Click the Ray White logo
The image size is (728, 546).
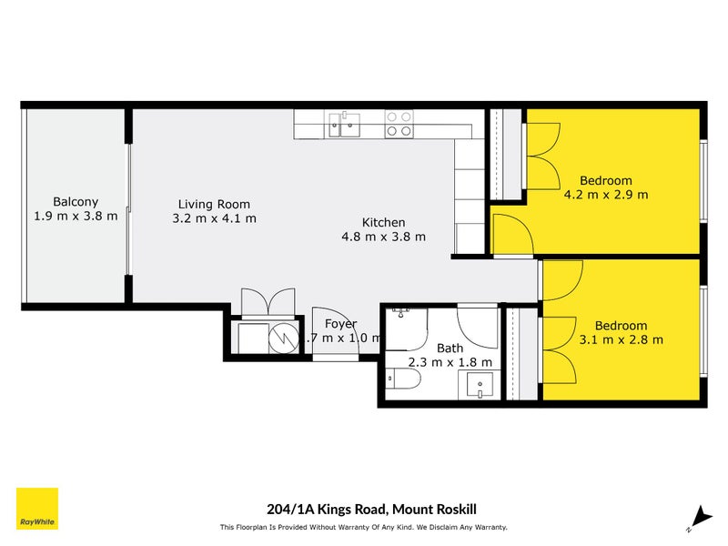[x=37, y=509]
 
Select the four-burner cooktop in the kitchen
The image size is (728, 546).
[x=398, y=124]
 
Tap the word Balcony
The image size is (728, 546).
[x=76, y=202]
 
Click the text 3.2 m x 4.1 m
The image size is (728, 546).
[x=214, y=218]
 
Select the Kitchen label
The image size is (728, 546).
[x=383, y=222]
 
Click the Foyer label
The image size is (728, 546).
[x=340, y=324]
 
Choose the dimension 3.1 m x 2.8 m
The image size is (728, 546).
[x=621, y=339]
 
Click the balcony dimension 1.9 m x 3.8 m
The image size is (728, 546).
[x=76, y=216]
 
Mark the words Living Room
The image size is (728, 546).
[x=214, y=205]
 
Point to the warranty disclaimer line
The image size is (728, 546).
[x=363, y=527]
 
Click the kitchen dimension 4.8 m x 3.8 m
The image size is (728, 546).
[x=383, y=237]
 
